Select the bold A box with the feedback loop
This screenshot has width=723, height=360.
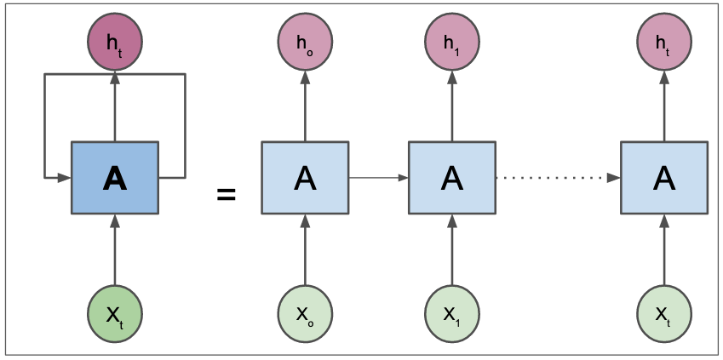click(x=115, y=178)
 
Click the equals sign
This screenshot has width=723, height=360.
click(x=226, y=195)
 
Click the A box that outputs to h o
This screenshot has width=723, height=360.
click(x=305, y=178)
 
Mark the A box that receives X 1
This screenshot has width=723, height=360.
click(x=452, y=178)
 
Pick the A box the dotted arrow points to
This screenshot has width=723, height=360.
click(x=664, y=178)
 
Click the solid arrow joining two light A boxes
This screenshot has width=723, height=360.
click(x=378, y=178)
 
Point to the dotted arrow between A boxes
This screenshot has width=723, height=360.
click(x=558, y=178)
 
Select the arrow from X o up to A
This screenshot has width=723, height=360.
click(x=305, y=250)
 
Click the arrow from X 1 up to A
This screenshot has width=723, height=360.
click(x=452, y=250)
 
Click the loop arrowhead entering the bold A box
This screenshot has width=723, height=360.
click(x=64, y=178)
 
